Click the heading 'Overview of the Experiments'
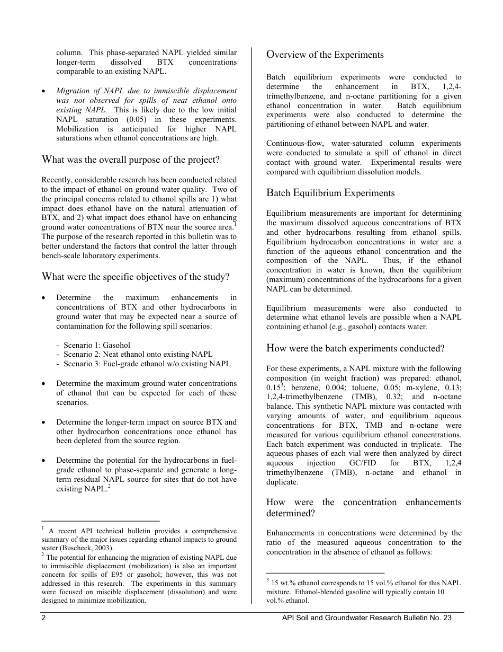(x=325, y=55)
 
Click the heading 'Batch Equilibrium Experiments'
(x=330, y=193)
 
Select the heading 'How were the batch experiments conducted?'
(x=355, y=348)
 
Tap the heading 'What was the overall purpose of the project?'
(x=130, y=160)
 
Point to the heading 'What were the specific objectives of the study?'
(x=136, y=277)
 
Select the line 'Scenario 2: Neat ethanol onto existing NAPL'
(x=138, y=354)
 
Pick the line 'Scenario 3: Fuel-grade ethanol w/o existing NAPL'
(x=147, y=364)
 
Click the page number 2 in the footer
(x=44, y=617)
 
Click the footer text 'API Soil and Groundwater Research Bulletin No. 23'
(x=367, y=617)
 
